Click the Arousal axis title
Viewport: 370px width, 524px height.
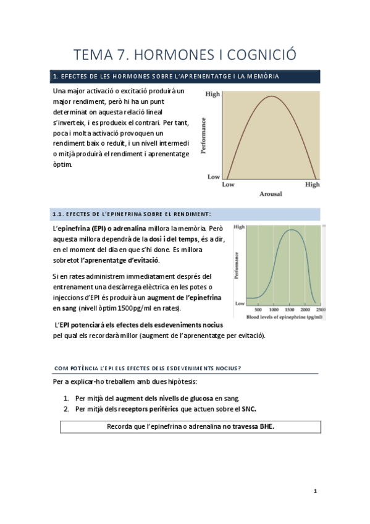[270, 193]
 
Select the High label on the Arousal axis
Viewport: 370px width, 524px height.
[313, 184]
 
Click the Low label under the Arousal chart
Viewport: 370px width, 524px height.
[228, 184]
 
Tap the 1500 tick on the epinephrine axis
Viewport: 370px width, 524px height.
[290, 310]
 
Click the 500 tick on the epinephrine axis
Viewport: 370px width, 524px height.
[258, 310]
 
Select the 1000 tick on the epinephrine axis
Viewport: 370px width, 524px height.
[274, 310]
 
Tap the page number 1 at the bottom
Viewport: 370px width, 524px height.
[314, 491]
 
